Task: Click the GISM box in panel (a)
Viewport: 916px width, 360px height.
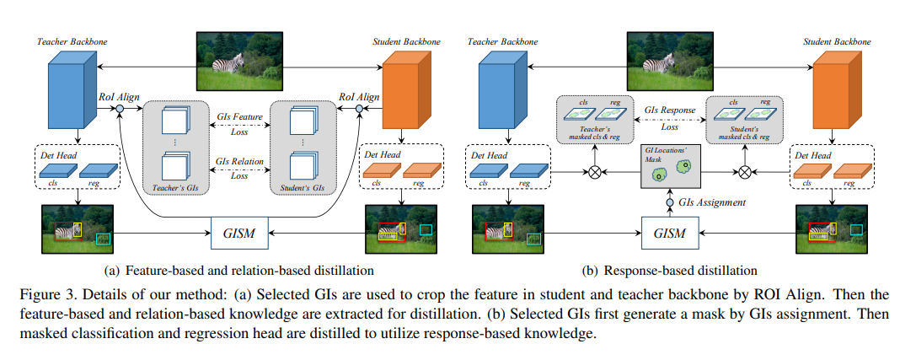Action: (x=238, y=230)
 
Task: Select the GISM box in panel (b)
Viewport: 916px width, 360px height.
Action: (x=670, y=231)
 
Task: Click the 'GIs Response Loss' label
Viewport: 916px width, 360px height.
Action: (x=669, y=116)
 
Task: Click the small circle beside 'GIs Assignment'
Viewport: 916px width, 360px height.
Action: (x=671, y=202)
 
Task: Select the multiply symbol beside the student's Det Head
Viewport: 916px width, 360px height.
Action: (x=745, y=173)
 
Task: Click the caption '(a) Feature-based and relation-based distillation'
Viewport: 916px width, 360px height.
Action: (x=238, y=271)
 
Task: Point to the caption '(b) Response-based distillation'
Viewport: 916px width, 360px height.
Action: (x=670, y=271)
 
